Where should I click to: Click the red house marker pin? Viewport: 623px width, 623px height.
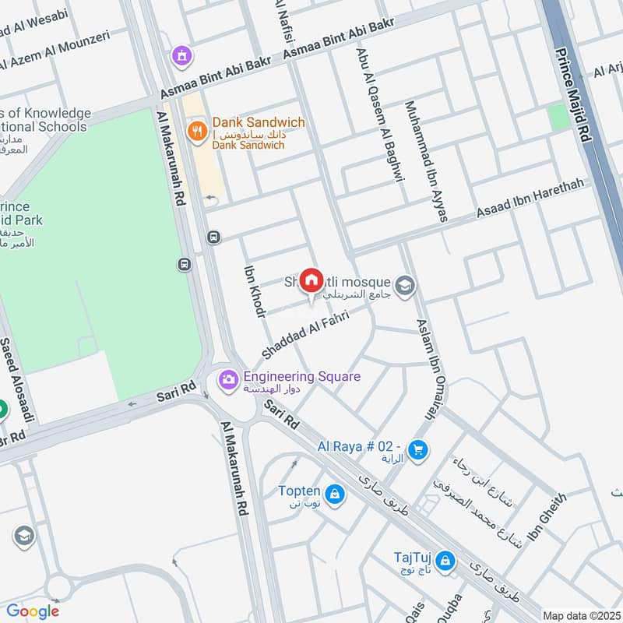(311, 281)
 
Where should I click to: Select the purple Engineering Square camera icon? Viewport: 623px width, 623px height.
(228, 380)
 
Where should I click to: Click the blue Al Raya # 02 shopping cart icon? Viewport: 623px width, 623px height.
(418, 450)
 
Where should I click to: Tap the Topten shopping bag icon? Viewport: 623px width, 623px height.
(334, 494)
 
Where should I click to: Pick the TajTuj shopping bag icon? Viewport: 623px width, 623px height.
(445, 559)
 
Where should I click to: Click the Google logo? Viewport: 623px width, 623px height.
(33, 611)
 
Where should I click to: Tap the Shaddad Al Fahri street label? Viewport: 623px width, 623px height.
(304, 336)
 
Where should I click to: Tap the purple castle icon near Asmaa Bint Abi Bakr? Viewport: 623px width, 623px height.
(182, 55)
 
